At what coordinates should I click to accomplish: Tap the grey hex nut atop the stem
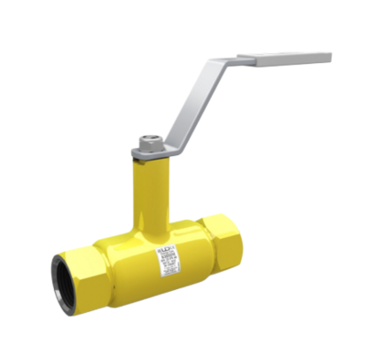coord(148,142)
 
